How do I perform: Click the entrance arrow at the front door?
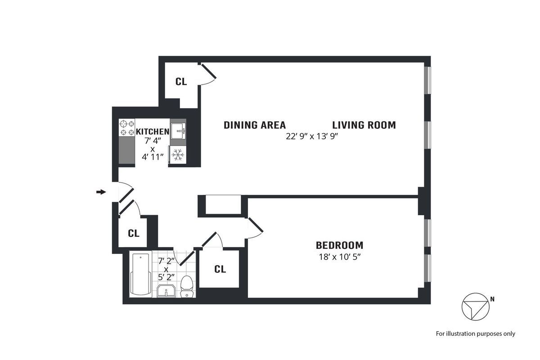click(x=101, y=192)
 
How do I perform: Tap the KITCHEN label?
click(x=153, y=131)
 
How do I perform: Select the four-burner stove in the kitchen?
click(x=127, y=128)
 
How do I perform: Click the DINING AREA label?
click(x=255, y=125)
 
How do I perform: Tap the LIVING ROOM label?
click(x=364, y=125)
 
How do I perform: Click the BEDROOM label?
click(x=339, y=245)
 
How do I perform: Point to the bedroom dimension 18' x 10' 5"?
click(x=339, y=258)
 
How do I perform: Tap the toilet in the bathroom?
click(x=186, y=287)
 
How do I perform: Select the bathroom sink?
click(x=166, y=291)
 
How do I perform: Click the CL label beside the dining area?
click(x=181, y=81)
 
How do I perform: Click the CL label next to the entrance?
click(x=134, y=234)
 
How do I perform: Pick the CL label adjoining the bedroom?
click(x=220, y=269)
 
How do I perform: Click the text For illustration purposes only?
click(x=475, y=334)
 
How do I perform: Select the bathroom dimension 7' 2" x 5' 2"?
click(x=166, y=268)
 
